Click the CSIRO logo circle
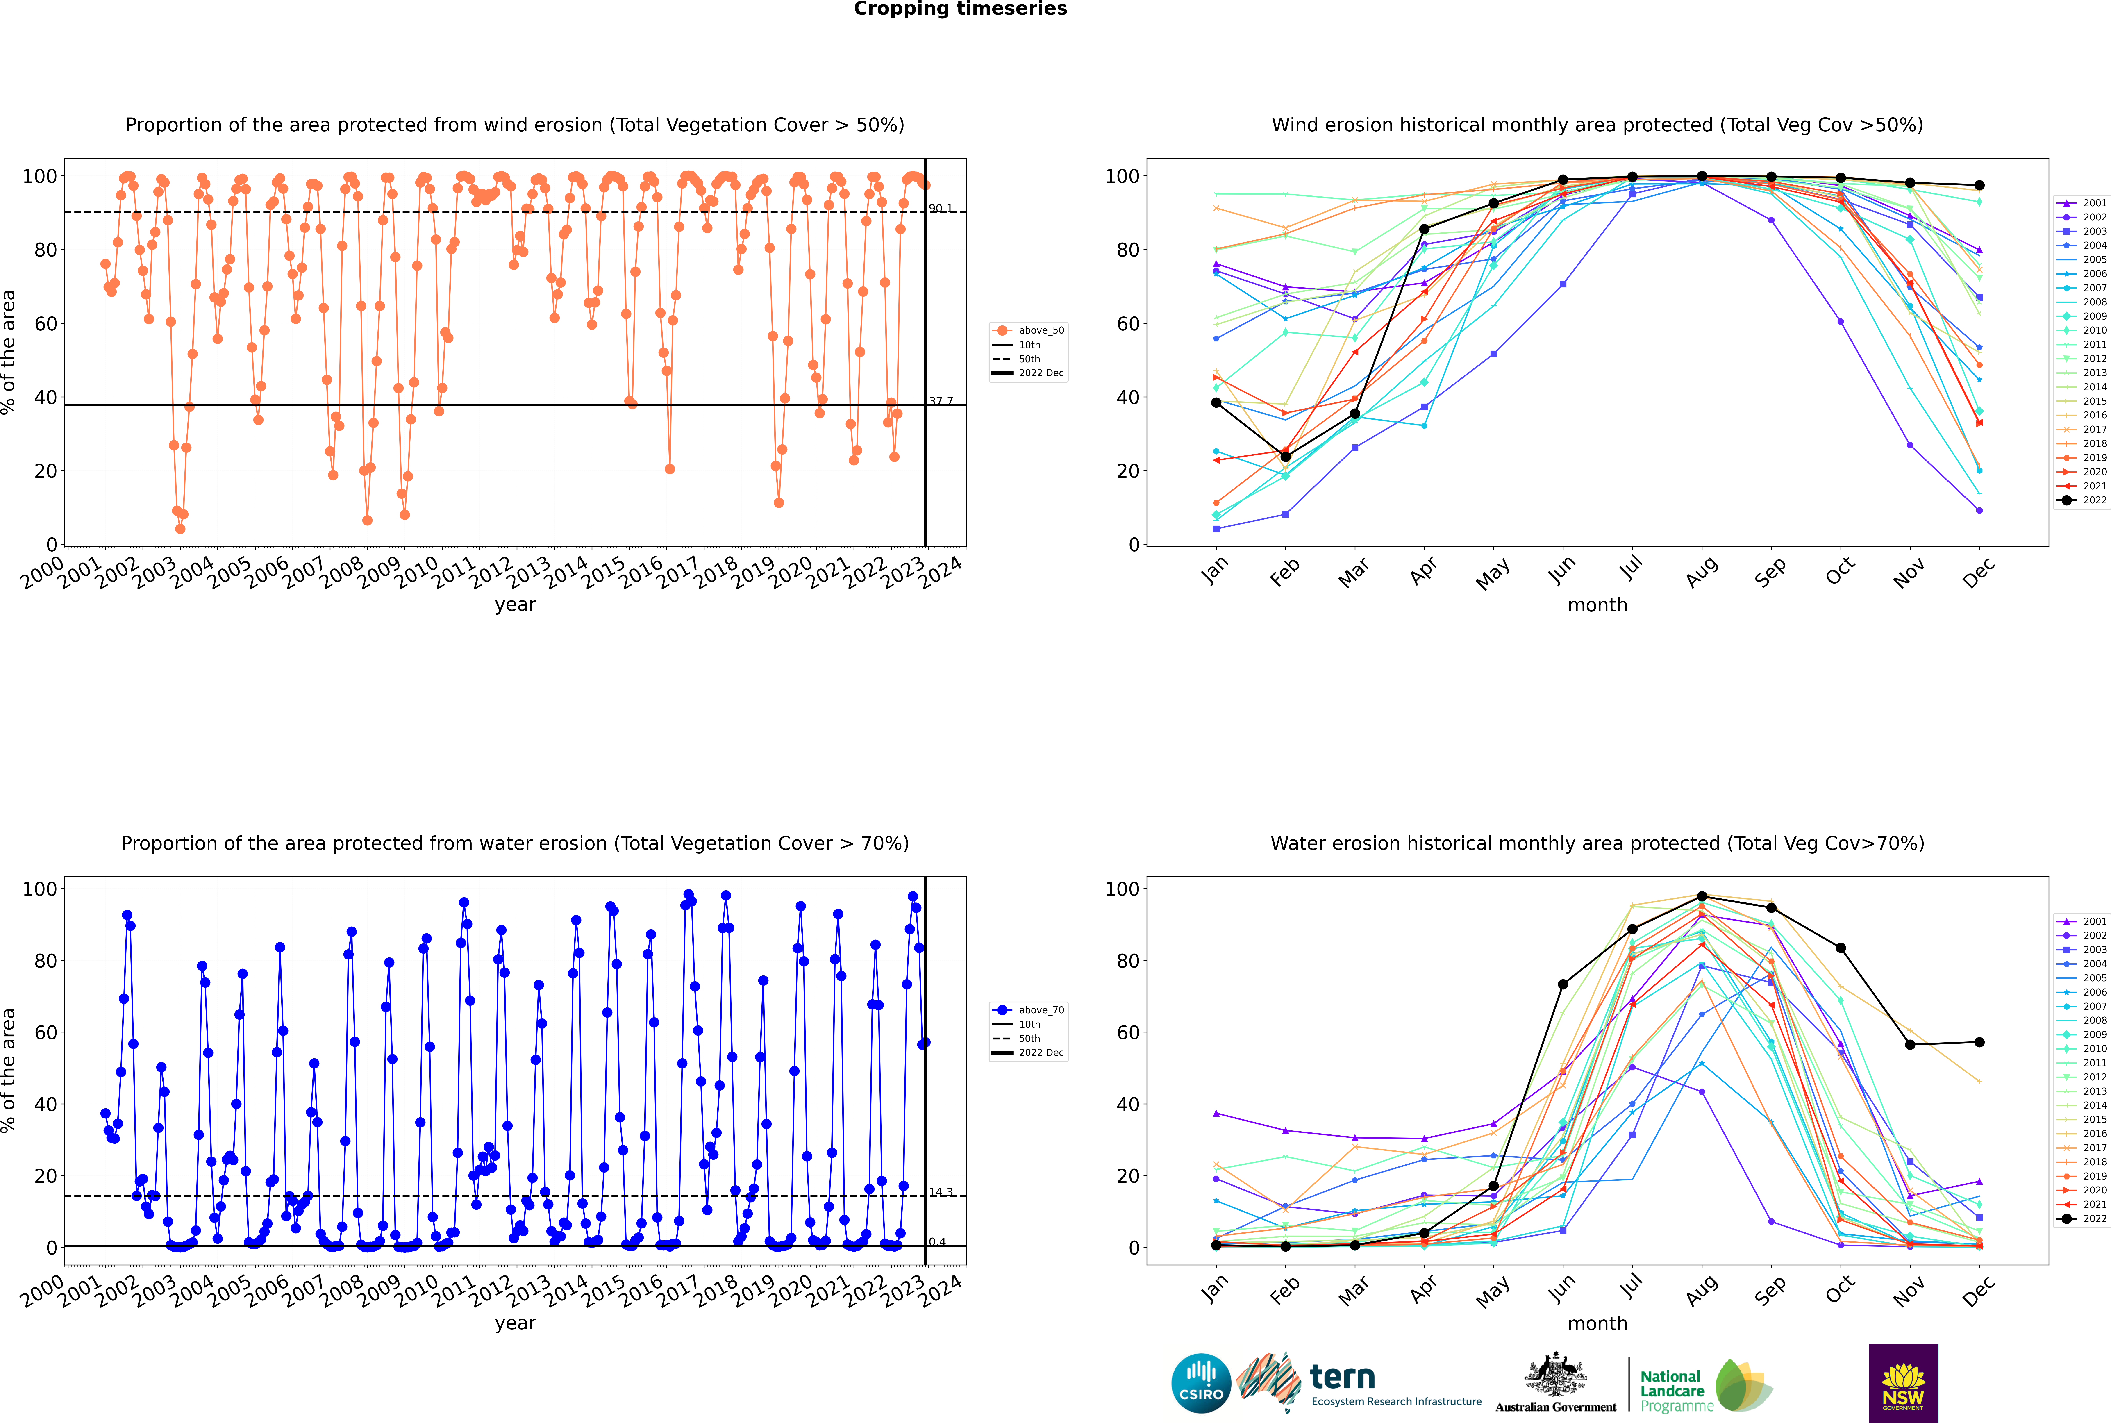(x=1201, y=1383)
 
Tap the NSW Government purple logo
(x=1903, y=1383)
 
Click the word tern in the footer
(x=1342, y=1378)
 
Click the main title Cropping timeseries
(x=960, y=9)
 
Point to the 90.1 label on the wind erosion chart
(x=940, y=209)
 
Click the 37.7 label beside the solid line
(x=940, y=401)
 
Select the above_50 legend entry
(x=1028, y=330)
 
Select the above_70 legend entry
(x=1028, y=1010)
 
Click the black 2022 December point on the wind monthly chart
(x=1979, y=185)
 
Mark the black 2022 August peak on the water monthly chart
(x=1702, y=897)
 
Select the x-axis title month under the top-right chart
(x=1597, y=605)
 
